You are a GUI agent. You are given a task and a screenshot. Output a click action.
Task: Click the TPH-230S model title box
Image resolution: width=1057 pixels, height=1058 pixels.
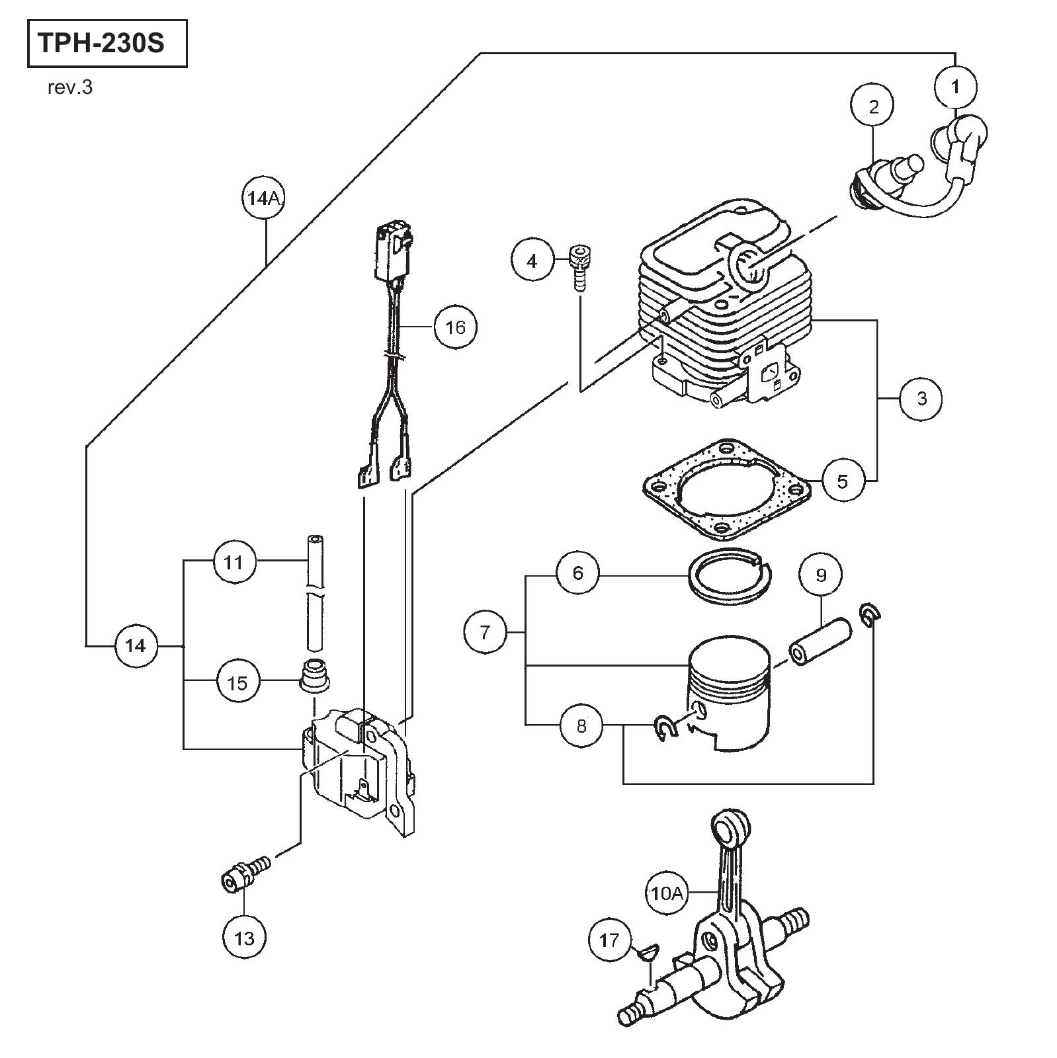tap(107, 44)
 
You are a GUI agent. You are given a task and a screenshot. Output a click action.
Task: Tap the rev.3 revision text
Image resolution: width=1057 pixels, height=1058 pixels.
tap(70, 88)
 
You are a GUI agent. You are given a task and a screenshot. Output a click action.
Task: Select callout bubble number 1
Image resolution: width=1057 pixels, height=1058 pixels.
tap(955, 86)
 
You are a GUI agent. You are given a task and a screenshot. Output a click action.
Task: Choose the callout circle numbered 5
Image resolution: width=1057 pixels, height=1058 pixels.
tap(842, 481)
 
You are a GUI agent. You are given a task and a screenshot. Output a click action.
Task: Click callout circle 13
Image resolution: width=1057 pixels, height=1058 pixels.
tap(244, 938)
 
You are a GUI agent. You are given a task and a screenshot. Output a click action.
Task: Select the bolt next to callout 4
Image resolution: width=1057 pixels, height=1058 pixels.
tap(579, 264)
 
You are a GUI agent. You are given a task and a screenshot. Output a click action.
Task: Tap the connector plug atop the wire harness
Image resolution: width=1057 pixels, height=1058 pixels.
tap(394, 252)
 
